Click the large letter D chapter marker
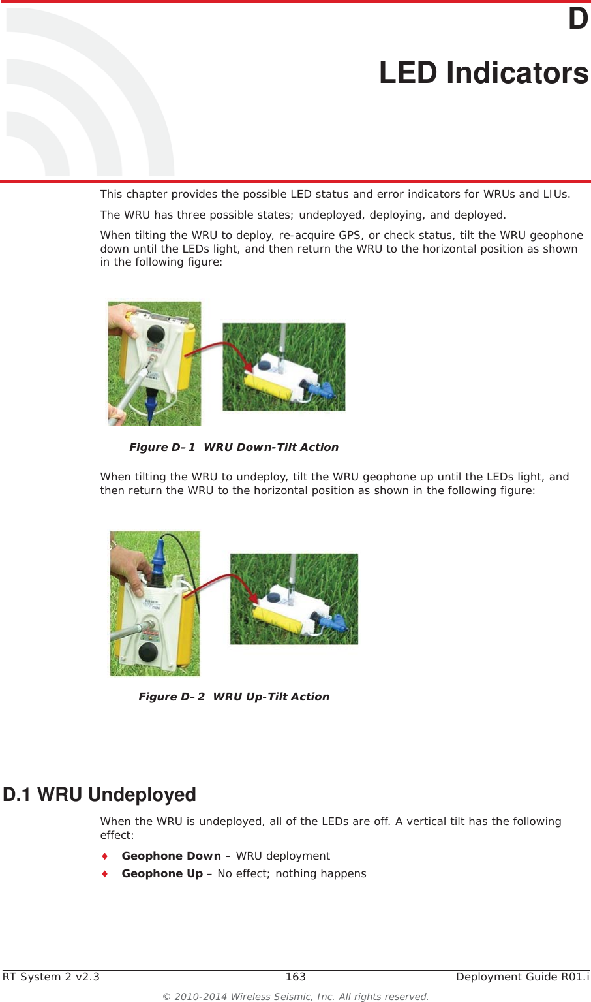click(x=577, y=19)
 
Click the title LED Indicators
click(x=483, y=72)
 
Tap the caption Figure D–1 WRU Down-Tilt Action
click(x=234, y=447)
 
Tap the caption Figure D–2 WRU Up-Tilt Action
click(x=234, y=697)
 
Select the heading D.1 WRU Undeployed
click(x=99, y=794)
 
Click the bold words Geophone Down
click(x=171, y=856)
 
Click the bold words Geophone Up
click(x=162, y=873)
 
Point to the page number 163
click(x=295, y=977)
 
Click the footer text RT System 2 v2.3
click(x=52, y=977)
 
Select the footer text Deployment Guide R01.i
click(x=522, y=977)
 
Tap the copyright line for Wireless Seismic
click(x=295, y=996)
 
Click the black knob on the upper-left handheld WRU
click(x=155, y=334)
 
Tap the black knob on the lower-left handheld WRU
click(x=148, y=651)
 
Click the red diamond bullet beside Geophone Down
click(x=104, y=856)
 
